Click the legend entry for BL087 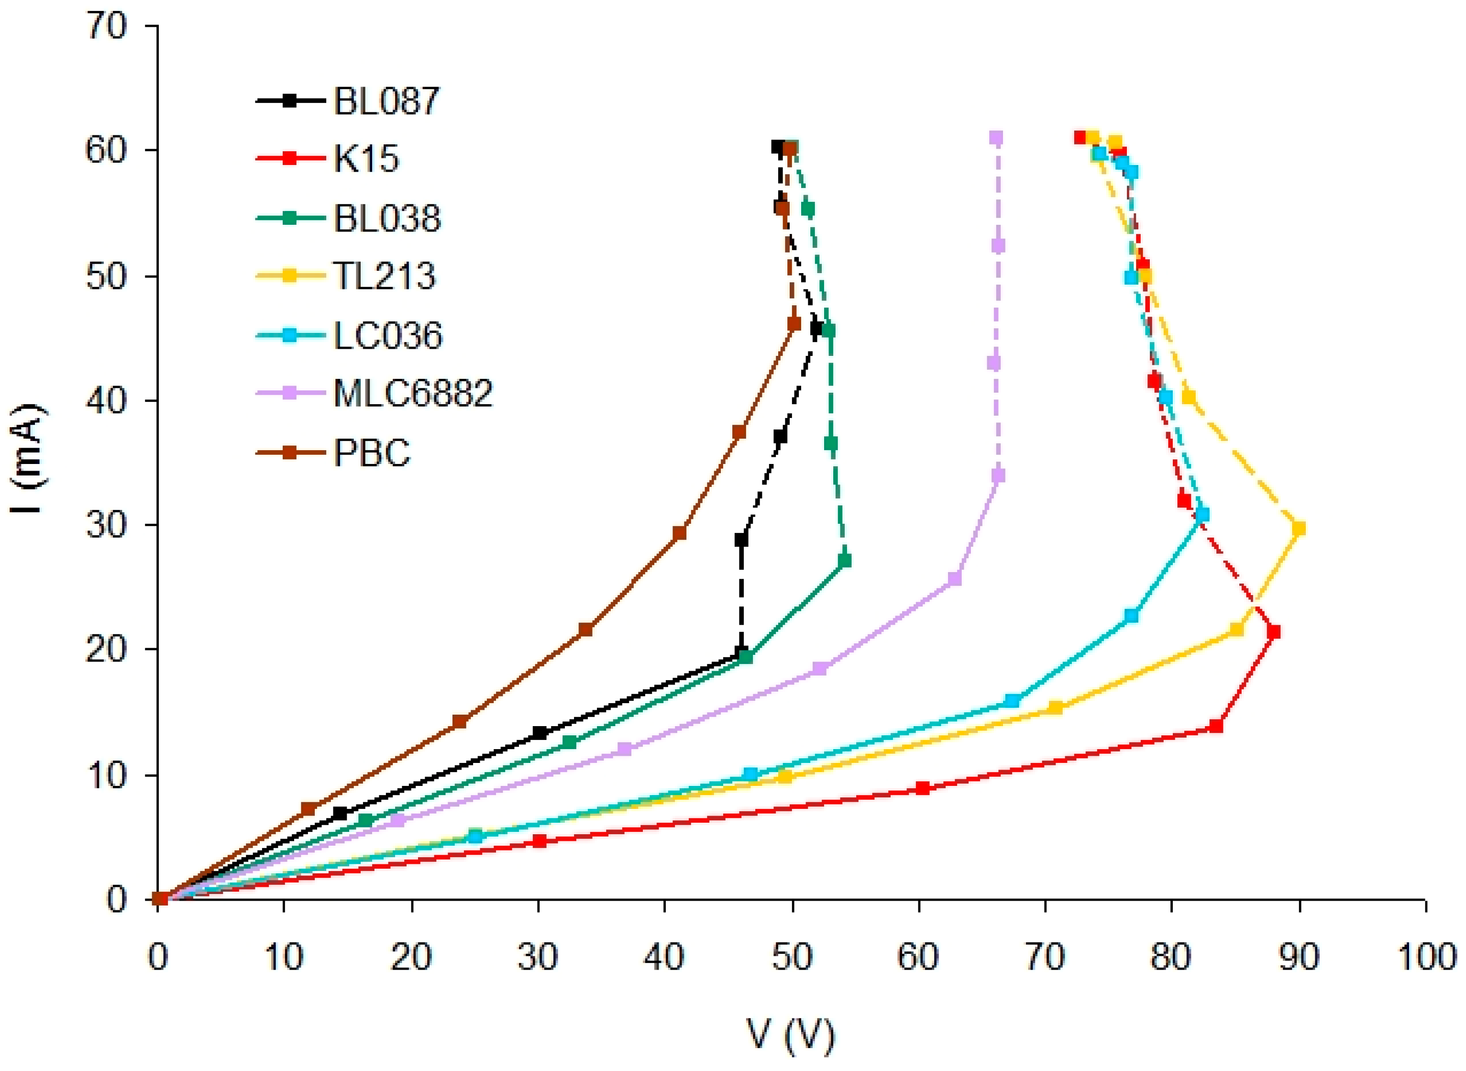pos(386,101)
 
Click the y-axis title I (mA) pos(27,458)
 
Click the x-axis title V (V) pos(791,1035)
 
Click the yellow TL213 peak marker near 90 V pos(1298,529)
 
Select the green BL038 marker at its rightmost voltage pos(845,561)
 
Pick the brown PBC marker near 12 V pos(309,809)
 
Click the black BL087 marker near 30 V pos(539,733)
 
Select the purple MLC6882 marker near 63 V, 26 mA pos(955,579)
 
